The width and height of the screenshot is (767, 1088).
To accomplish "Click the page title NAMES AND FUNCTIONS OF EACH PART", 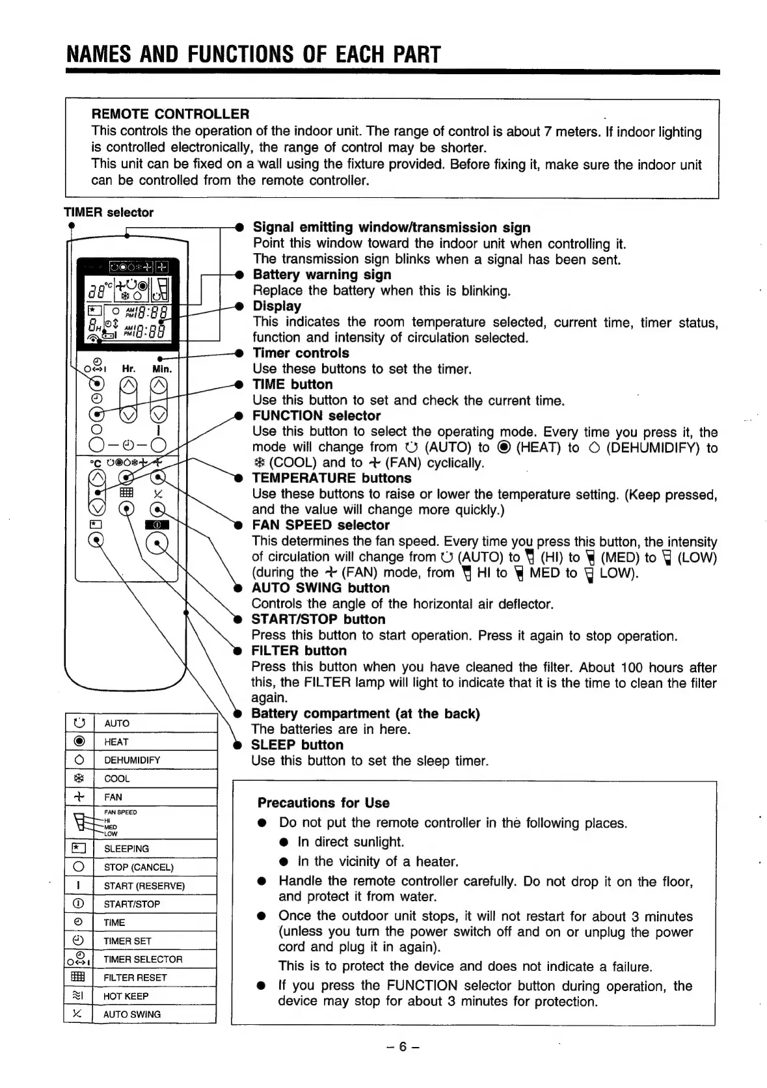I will (x=253, y=54).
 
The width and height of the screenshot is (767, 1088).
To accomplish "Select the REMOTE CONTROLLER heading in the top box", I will (x=170, y=114).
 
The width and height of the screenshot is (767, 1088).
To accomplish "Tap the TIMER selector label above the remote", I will (x=109, y=212).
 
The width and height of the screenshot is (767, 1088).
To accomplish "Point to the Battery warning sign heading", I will (x=321, y=275).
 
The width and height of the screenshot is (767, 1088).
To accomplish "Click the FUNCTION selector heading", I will (x=316, y=416).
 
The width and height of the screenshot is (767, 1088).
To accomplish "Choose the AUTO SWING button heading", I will (x=320, y=588).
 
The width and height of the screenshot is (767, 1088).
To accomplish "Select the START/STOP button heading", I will (x=318, y=619).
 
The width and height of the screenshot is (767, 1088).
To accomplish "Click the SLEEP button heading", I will (x=297, y=745).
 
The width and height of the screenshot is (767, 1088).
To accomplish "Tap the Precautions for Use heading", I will (x=323, y=803).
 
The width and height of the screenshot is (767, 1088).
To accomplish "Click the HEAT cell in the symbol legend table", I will (x=116, y=742).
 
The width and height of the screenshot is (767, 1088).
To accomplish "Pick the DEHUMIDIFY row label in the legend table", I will (x=132, y=760).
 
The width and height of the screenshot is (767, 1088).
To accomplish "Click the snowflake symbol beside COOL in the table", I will (x=79, y=778).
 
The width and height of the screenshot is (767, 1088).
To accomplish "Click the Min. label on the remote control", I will (x=161, y=369).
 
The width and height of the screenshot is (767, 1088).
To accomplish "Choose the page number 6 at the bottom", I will (x=402, y=1046).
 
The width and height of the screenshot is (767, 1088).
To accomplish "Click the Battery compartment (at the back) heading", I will (x=365, y=714).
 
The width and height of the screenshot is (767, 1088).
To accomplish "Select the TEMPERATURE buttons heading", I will (x=332, y=478).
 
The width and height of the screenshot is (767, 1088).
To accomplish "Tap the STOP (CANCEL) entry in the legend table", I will (x=139, y=867).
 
